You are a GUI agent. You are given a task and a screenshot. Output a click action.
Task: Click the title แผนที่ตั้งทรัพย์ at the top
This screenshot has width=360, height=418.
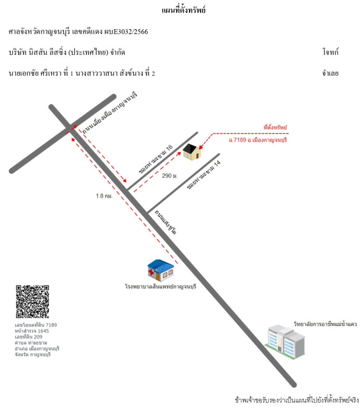[183, 10]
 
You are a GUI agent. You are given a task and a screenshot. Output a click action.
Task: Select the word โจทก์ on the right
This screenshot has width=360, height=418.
[330, 52]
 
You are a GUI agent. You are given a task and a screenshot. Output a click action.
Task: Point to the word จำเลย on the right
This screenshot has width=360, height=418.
[330, 73]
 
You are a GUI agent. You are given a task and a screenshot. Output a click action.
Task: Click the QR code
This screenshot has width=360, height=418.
[32, 301]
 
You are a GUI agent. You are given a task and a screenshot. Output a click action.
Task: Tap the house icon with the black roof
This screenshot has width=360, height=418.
[192, 152]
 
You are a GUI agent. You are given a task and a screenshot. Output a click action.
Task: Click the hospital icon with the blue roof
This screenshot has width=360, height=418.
[160, 270]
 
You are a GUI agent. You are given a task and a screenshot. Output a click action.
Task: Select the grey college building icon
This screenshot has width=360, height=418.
[285, 342]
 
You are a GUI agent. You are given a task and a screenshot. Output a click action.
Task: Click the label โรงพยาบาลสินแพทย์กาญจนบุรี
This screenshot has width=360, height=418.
[160, 286]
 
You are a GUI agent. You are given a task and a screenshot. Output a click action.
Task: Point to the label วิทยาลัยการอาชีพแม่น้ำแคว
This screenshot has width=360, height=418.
[325, 324]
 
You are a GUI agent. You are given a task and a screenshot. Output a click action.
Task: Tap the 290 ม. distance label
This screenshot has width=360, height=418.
[170, 176]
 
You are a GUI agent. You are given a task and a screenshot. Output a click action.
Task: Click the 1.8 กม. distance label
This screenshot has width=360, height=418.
[104, 196]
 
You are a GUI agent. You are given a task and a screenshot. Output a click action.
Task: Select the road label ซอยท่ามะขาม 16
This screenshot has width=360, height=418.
[156, 159]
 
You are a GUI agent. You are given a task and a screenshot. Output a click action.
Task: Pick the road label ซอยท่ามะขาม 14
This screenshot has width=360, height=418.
[204, 175]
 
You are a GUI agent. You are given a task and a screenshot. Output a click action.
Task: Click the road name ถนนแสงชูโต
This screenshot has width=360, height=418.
[166, 222]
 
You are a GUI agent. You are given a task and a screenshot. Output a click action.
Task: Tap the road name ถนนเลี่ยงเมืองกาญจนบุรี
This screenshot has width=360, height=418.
[110, 113]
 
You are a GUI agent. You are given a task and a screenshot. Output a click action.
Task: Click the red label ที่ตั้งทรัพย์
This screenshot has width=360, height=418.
[275, 127]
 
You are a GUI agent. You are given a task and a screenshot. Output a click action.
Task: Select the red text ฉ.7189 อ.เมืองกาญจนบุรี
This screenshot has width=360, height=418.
[258, 140]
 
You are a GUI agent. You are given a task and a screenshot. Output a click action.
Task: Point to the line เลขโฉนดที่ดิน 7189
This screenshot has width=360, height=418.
[36, 324]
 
